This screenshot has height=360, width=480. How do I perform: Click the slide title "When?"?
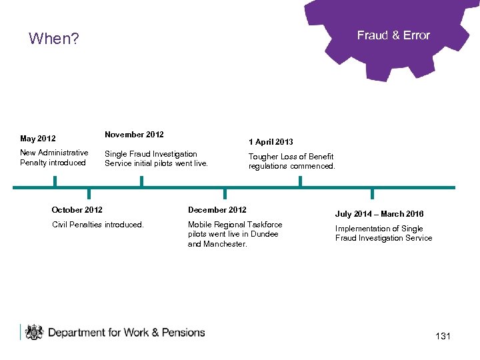tap(54, 39)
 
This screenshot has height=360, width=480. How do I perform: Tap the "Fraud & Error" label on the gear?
tap(393, 35)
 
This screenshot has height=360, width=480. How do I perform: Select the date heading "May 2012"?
tap(38, 139)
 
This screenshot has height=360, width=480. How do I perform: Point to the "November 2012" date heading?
tap(134, 135)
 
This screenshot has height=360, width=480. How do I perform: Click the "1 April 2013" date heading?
tap(271, 142)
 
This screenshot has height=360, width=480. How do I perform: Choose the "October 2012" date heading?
tap(77, 210)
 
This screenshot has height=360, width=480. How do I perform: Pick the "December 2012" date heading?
tap(217, 210)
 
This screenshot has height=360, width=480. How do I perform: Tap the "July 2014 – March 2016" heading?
tap(379, 214)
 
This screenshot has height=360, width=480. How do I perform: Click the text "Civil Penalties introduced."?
tap(98, 225)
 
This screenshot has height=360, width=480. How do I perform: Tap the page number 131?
tap(443, 336)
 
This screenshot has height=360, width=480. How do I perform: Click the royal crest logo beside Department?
tap(33, 332)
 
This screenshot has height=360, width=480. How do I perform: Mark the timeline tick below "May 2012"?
tap(55, 181)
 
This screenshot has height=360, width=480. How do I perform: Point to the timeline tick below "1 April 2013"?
tap(300, 181)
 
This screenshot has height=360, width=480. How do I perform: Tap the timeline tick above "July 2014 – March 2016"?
tap(372, 193)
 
